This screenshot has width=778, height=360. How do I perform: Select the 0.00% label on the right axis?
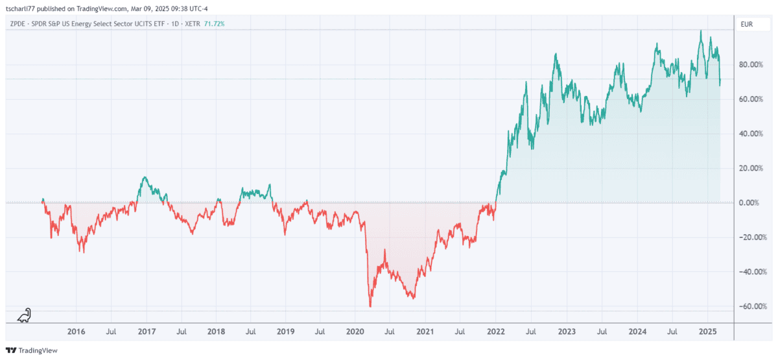coord(752,203)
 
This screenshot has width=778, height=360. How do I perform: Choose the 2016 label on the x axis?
coord(76,331)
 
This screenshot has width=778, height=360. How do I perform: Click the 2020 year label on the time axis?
coord(355,331)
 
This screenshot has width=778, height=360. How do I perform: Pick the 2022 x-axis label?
coord(496,331)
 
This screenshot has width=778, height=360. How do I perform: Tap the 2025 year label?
coord(707,331)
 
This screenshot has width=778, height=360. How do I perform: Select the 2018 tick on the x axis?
coord(216,331)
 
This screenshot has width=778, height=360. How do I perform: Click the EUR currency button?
coord(748,24)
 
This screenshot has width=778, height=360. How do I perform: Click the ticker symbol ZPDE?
coord(19,24)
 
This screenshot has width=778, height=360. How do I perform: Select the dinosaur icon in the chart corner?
coord(23,315)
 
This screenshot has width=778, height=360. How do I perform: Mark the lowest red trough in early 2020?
coord(370,306)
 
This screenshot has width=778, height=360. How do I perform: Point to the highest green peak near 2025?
coord(701,30)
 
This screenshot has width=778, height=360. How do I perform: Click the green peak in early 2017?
coord(145,177)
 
